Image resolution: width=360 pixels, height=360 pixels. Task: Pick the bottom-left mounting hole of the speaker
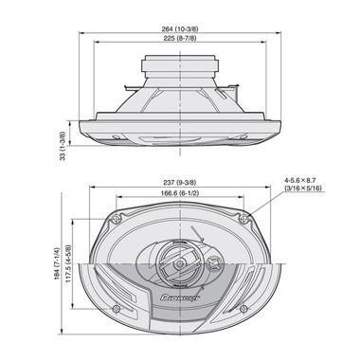[113, 309]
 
